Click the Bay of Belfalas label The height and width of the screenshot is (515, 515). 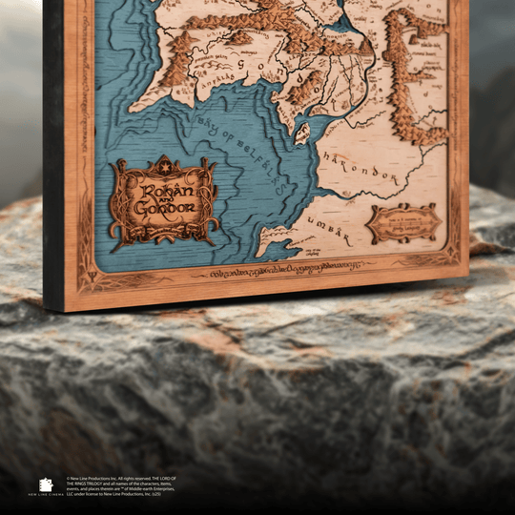(x=242, y=134)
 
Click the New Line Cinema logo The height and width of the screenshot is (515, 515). (x=46, y=484)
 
